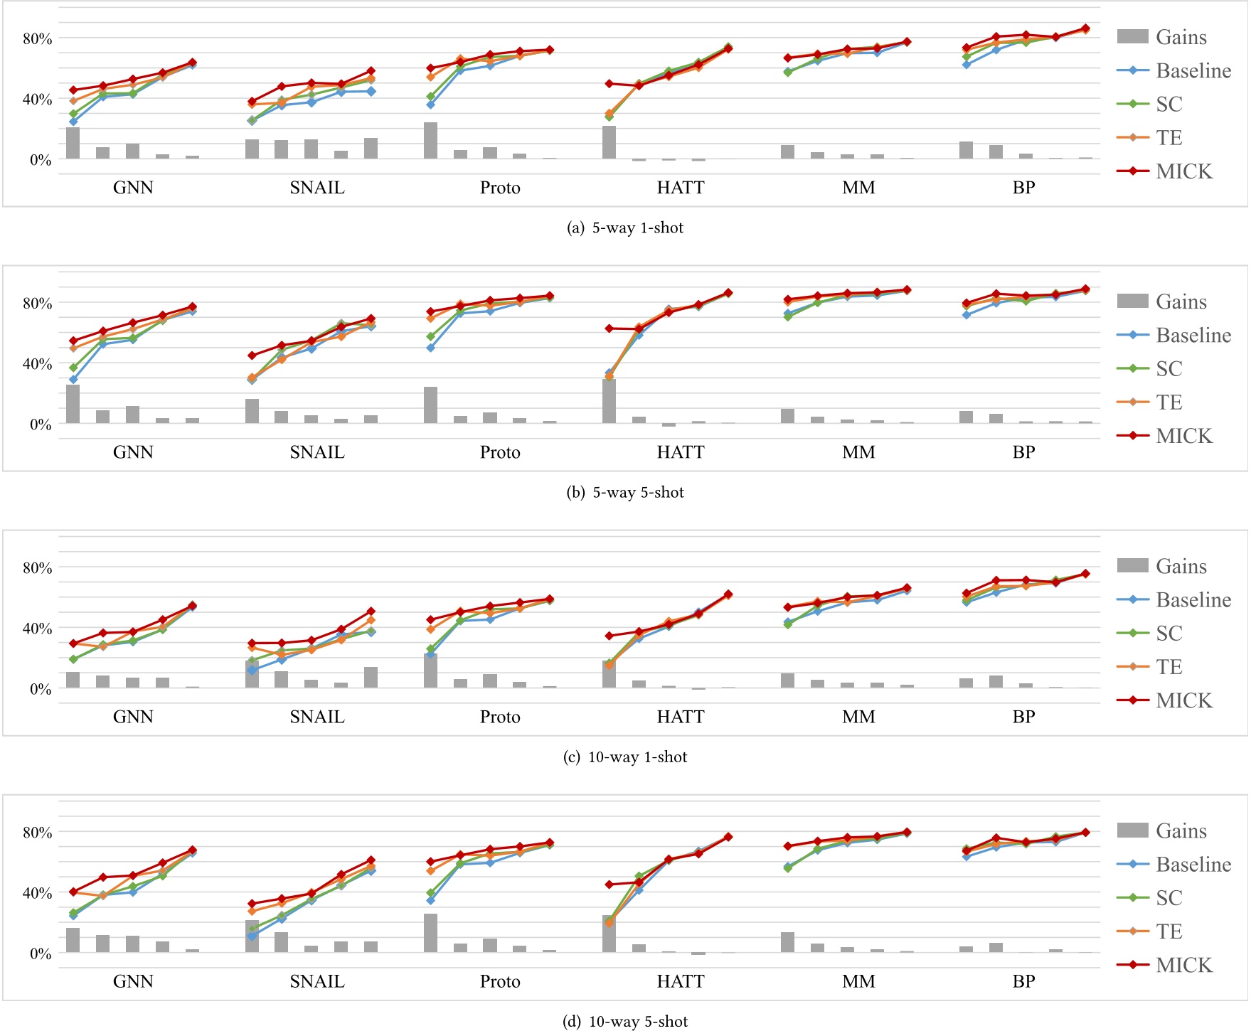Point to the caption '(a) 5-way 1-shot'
[625, 228]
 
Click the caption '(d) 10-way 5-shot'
[625, 1022]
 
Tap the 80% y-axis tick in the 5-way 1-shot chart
[37, 38]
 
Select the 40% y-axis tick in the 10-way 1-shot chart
[37, 629]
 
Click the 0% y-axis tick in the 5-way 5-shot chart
[40, 424]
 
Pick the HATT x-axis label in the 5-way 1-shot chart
[681, 188]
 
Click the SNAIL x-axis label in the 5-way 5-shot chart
[317, 452]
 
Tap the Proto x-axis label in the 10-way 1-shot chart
[500, 717]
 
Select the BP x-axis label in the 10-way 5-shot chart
[1023, 981]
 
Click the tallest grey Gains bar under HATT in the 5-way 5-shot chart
[609, 402]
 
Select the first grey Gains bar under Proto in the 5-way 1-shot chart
[430, 141]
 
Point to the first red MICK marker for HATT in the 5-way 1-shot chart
[609, 84]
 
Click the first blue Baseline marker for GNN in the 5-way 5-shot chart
[73, 380]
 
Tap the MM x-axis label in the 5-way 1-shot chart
[858, 188]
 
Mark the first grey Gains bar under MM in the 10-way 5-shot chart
[787, 942]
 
